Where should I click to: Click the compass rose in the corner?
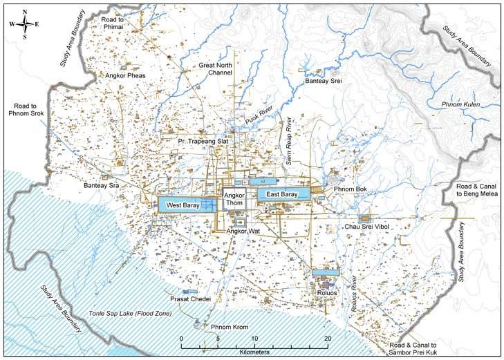24,23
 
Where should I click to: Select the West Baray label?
179,205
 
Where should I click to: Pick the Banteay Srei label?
324,81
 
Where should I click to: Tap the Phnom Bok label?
350,189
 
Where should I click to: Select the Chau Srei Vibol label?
367,227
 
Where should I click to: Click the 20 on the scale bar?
327,339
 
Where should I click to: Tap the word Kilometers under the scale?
253,352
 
